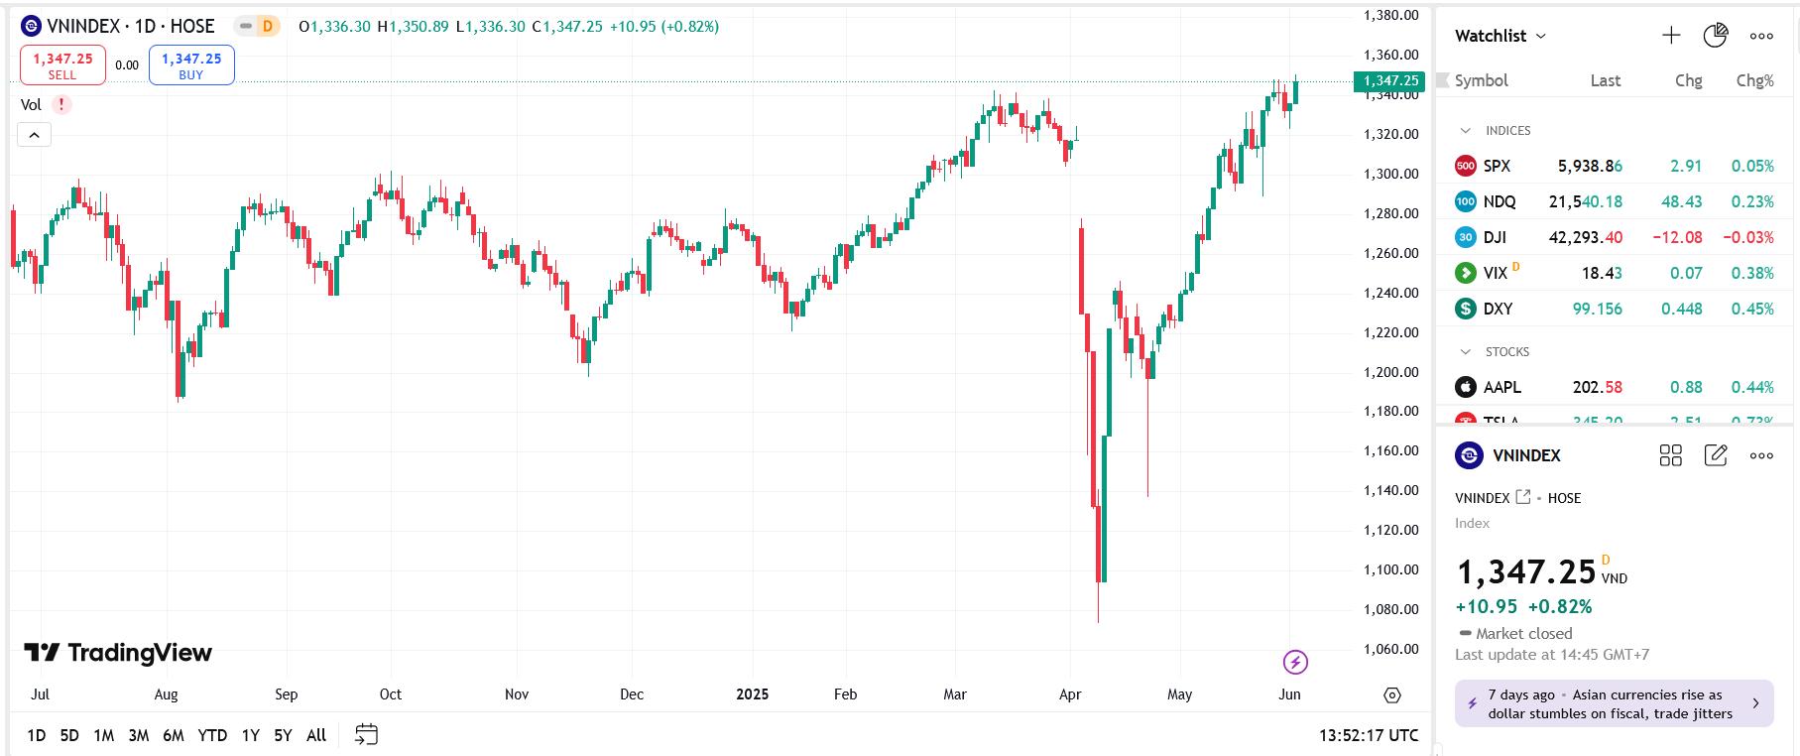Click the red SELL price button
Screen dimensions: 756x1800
click(x=62, y=65)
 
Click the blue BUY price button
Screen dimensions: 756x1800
click(x=191, y=65)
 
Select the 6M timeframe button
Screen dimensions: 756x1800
click(x=173, y=735)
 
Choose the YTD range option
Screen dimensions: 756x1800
click(x=212, y=735)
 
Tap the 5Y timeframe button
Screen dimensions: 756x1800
click(x=283, y=735)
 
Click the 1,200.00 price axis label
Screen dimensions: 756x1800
click(x=1391, y=372)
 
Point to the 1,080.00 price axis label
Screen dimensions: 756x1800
click(x=1391, y=609)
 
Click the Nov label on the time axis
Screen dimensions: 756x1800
click(x=517, y=694)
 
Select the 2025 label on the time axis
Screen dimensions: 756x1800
click(x=753, y=694)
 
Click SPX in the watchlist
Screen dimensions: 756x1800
click(x=1497, y=166)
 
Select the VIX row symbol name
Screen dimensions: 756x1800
click(x=1495, y=273)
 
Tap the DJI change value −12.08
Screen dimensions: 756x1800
click(x=1677, y=237)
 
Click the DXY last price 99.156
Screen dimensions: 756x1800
click(x=1597, y=309)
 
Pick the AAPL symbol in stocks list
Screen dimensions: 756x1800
click(x=1501, y=387)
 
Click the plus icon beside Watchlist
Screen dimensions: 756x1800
click(x=1671, y=36)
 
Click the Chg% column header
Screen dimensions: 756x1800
click(x=1754, y=80)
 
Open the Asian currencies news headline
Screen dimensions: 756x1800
click(x=1610, y=703)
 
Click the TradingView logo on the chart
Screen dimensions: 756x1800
click(x=118, y=653)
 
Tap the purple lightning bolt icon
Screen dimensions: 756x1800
click(x=1295, y=662)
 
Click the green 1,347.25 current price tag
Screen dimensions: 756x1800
click(x=1388, y=81)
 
